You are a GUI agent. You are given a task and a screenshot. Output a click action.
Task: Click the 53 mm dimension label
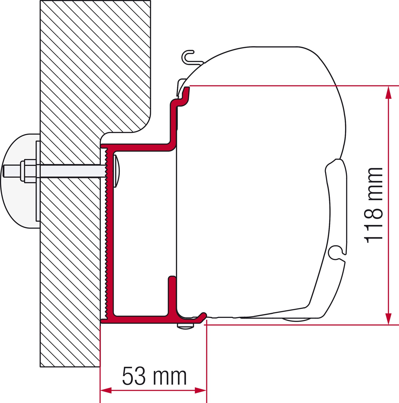point(154,376)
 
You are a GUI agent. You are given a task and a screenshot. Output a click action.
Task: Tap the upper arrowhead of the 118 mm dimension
point(388,93)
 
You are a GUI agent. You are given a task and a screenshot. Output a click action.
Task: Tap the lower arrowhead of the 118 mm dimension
point(388,318)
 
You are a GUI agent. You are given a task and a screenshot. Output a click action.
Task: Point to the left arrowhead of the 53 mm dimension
point(106,390)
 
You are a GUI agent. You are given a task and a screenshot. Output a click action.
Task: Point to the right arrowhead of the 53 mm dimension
point(201,390)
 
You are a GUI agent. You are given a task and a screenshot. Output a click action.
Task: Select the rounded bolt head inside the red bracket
point(117,171)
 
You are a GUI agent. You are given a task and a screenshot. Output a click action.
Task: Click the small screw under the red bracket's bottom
point(185,326)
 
